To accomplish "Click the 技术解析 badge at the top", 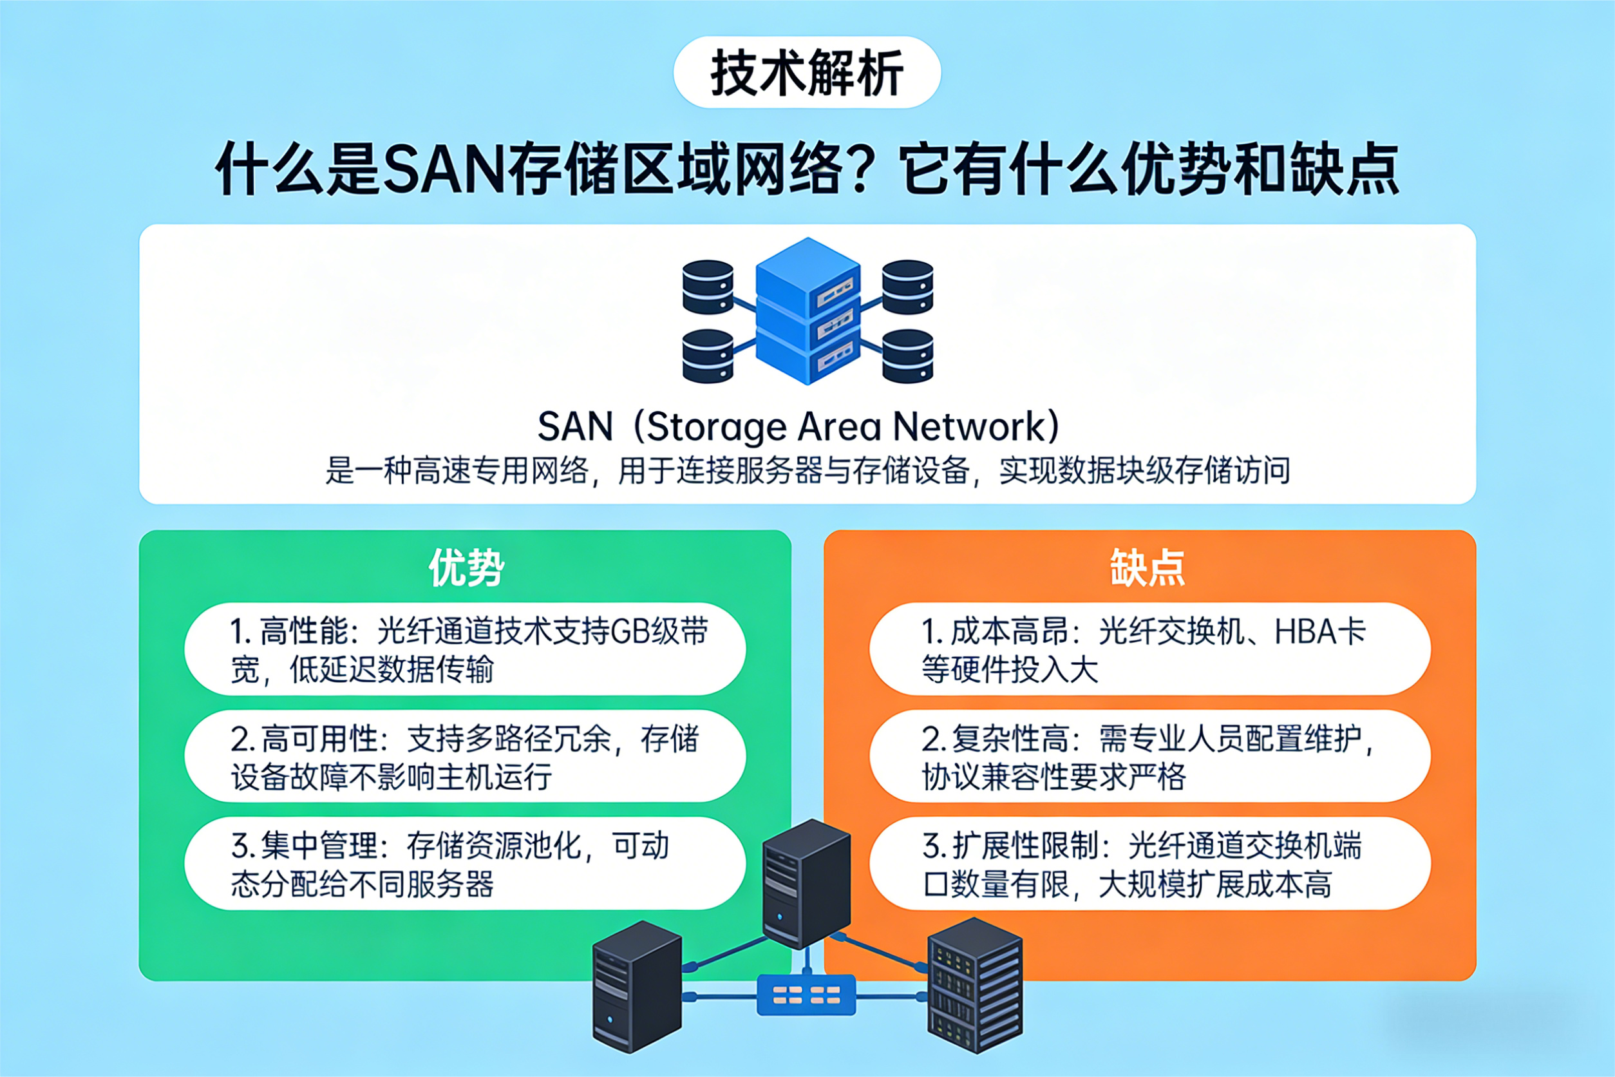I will pyautogui.click(x=807, y=72).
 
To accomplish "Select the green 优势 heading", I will pyautogui.click(x=466, y=567).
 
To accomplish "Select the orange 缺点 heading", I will pyautogui.click(x=1147, y=567).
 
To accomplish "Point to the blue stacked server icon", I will pyautogui.click(x=807, y=310).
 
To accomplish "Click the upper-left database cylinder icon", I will pyautogui.click(x=708, y=287).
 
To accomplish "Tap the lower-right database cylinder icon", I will pyautogui.click(x=907, y=355).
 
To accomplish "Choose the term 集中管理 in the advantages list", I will pyautogui.click(x=320, y=846).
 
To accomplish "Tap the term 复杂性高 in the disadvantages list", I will pyautogui.click(x=1011, y=739).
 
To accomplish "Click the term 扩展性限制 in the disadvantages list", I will pyautogui.click(x=1026, y=846).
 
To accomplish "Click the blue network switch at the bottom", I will pyautogui.click(x=806, y=995).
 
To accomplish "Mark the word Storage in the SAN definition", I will pyautogui.click(x=716, y=426).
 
